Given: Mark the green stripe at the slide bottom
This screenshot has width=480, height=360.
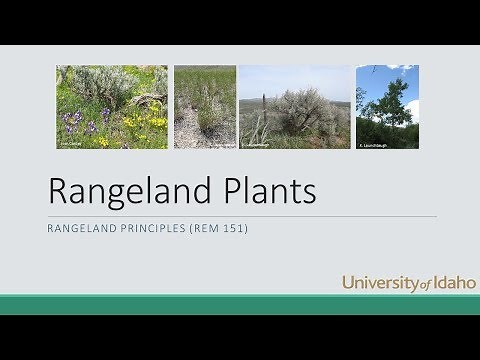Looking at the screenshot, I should point(240,304).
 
